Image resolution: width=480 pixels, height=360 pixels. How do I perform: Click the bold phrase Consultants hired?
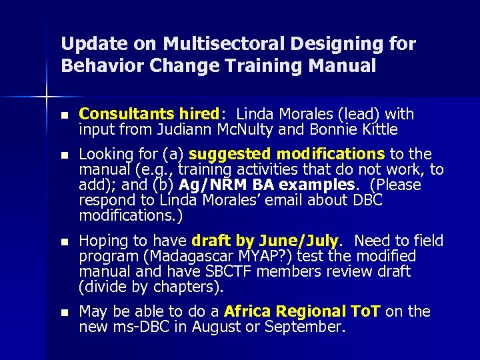[149, 114]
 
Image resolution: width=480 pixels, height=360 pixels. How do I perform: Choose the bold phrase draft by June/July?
[265, 241]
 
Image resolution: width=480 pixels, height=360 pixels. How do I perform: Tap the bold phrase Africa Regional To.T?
[303, 311]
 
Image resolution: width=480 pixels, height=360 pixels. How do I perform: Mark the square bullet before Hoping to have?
[64, 241]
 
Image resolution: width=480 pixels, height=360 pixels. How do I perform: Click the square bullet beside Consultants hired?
[64, 115]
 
